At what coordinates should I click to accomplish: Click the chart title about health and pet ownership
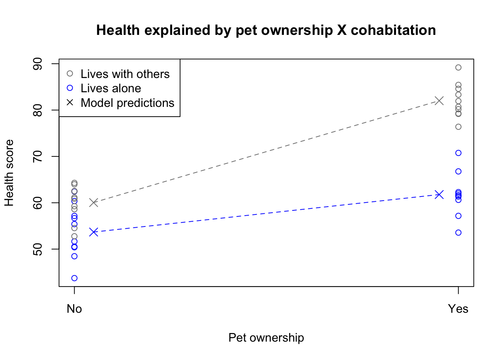tap(266, 30)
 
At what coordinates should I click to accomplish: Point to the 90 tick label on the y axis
tap(38, 64)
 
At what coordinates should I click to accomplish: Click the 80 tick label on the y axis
tap(38, 110)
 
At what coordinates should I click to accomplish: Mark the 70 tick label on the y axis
tap(38, 156)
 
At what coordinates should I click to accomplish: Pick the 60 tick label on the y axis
tap(38, 203)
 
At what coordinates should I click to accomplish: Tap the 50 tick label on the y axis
tap(38, 249)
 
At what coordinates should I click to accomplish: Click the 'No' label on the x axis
tap(74, 309)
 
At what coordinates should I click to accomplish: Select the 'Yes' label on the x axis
tap(458, 309)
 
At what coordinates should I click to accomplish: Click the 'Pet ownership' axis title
tap(266, 337)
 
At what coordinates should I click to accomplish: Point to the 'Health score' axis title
tap(9, 173)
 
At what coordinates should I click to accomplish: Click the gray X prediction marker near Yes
tap(439, 101)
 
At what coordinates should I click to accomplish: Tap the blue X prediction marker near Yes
tap(439, 195)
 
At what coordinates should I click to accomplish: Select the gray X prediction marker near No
tap(93, 202)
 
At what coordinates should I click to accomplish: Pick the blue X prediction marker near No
tap(93, 232)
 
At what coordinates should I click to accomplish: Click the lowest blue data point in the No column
tap(74, 278)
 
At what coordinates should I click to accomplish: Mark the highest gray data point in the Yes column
tap(458, 67)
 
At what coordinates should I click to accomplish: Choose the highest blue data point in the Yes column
tap(458, 153)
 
